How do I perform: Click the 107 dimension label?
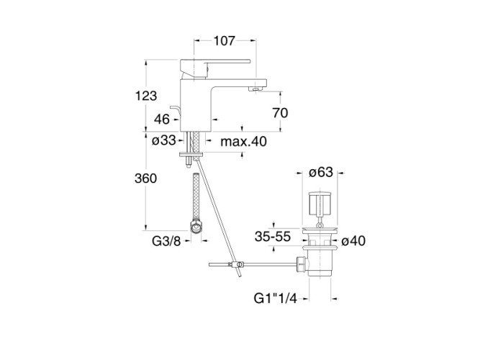tap(224, 41)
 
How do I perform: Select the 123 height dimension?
tap(146, 96)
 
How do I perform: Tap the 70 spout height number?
tap(280, 113)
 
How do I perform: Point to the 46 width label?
tap(162, 120)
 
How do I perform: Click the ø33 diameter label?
tap(164, 140)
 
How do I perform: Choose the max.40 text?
tap(244, 142)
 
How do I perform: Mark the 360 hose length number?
tap(145, 178)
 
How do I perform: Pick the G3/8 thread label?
tap(166, 241)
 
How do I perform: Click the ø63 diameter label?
tap(321, 172)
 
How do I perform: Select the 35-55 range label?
tap(273, 237)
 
